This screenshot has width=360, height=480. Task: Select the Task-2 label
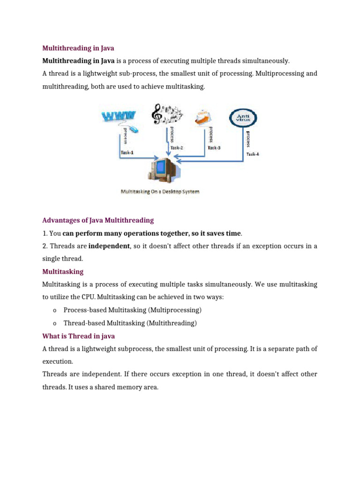pyautogui.click(x=176, y=148)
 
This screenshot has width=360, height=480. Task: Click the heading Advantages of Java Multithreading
pyautogui.click(x=98, y=220)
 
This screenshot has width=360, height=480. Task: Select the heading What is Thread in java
pyautogui.click(x=78, y=336)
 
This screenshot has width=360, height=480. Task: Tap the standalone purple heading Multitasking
pyautogui.click(x=63, y=271)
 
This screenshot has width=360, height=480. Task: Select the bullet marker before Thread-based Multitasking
pyautogui.click(x=55, y=323)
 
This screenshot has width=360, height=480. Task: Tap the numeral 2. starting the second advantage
pyautogui.click(x=45, y=246)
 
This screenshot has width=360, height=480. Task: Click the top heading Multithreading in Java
pyautogui.click(x=78, y=48)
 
